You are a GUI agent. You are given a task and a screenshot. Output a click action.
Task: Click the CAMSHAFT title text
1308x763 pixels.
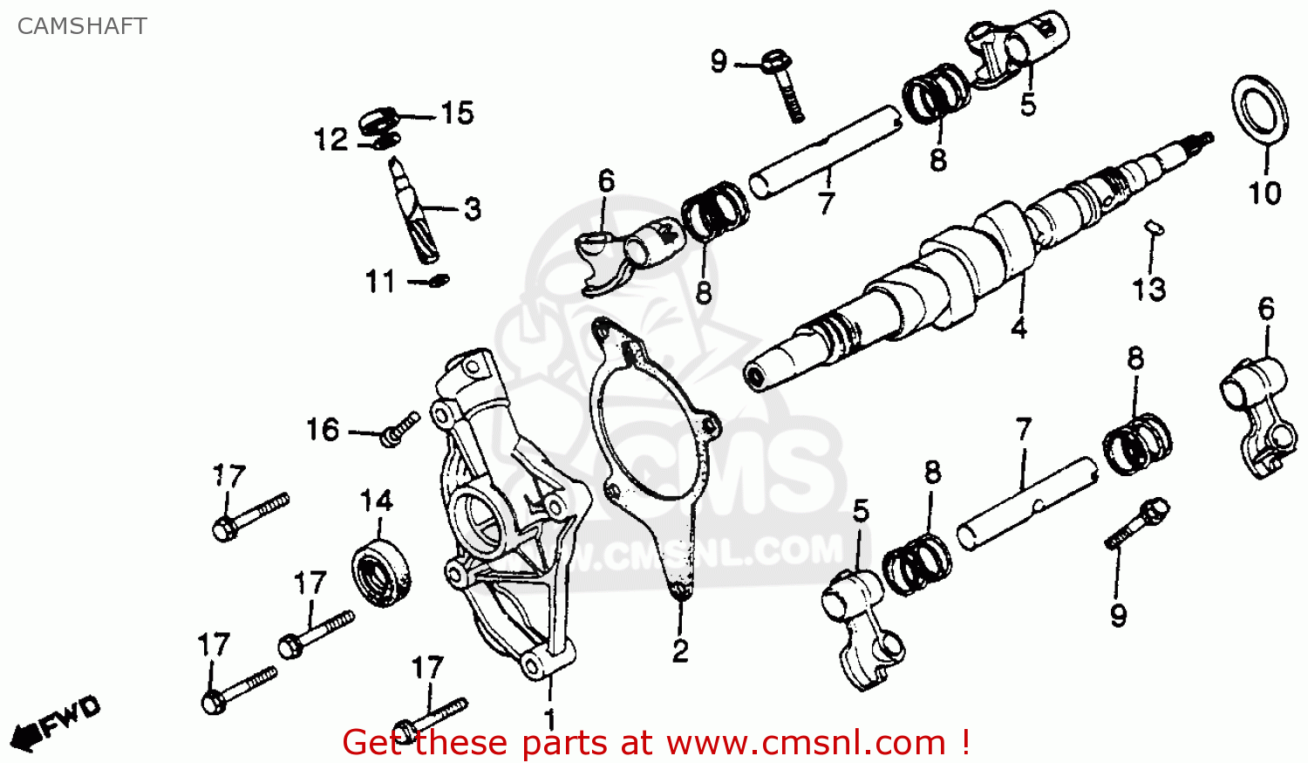[82, 26]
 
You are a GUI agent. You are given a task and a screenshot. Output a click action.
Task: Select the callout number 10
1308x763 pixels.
[1264, 193]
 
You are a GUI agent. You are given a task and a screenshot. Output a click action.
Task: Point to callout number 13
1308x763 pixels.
[1148, 289]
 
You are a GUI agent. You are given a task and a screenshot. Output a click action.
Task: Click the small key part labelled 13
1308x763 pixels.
[1154, 227]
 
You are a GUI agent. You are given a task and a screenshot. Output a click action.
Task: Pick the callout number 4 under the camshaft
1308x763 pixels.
[1018, 328]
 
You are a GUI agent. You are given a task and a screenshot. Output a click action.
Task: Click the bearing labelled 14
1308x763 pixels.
[382, 571]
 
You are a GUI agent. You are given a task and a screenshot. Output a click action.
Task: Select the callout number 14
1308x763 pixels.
[377, 501]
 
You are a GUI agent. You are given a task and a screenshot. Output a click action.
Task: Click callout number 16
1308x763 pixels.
[323, 429]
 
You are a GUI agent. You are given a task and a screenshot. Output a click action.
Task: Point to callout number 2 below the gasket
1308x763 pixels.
[680, 651]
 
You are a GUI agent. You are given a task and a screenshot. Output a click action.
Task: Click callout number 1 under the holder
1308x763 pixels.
[549, 719]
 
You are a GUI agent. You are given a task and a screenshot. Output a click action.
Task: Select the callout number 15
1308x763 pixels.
[457, 113]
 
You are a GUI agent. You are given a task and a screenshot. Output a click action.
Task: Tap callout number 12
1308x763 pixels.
[331, 140]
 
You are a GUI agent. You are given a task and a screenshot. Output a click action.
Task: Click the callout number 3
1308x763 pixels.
[472, 209]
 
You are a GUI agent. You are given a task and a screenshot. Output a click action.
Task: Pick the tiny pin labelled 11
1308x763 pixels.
[440, 281]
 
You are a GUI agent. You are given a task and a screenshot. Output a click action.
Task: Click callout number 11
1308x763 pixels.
[380, 282]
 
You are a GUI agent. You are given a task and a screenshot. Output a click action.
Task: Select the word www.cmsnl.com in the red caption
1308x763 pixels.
[807, 743]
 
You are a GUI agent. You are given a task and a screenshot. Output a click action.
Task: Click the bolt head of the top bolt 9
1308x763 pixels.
[773, 63]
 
